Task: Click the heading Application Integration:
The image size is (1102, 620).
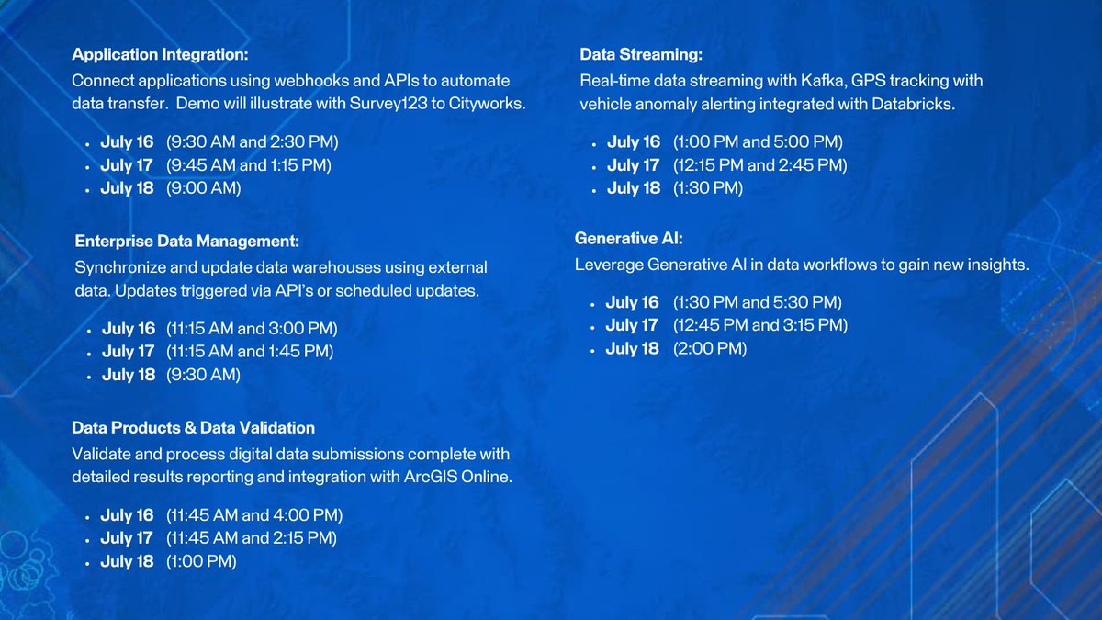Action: (160, 55)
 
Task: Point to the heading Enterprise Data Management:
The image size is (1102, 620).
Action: (187, 242)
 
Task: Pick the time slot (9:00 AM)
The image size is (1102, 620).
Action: (203, 188)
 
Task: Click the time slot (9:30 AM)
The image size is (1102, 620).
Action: (203, 375)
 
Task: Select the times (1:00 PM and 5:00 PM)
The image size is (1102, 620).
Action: (758, 142)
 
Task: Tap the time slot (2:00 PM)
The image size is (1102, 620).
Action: (710, 349)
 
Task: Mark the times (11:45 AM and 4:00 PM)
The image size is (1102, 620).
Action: (254, 515)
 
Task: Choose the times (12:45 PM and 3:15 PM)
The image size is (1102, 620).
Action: (759, 325)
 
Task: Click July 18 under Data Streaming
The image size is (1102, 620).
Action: (634, 188)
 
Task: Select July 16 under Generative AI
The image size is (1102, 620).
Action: (633, 302)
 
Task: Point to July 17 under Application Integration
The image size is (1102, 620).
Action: (127, 165)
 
